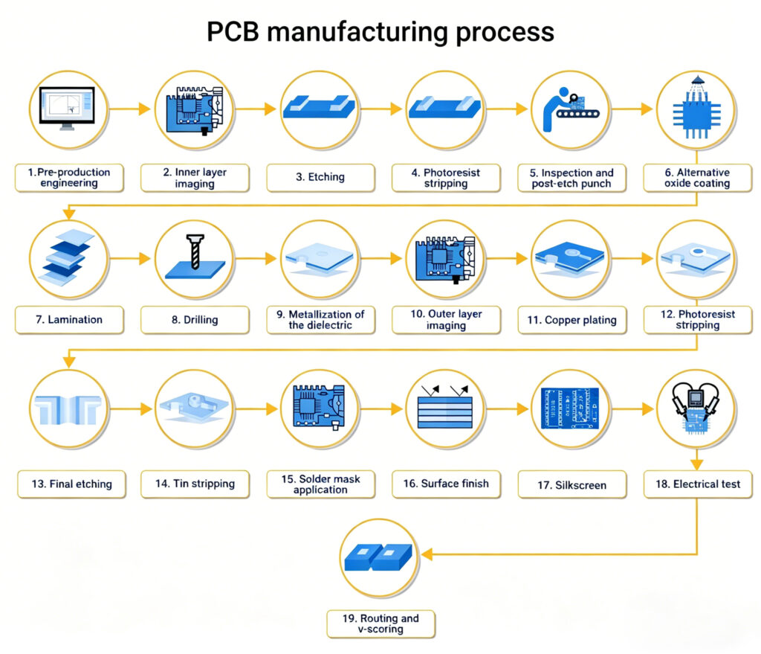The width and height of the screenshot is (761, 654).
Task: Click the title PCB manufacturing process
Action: tap(380, 32)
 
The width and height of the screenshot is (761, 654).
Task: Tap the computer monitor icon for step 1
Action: tap(67, 109)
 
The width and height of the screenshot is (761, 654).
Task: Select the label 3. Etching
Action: tap(320, 178)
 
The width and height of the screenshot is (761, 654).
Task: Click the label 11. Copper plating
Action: tap(572, 320)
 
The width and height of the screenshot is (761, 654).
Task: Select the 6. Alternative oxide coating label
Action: tap(697, 178)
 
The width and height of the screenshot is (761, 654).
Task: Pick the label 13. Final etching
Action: tap(71, 484)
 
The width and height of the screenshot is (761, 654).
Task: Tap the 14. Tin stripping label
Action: tap(195, 484)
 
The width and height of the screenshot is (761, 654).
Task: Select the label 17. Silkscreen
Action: tap(572, 484)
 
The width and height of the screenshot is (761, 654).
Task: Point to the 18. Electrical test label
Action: tap(697, 484)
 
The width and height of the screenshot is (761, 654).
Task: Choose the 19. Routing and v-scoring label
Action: tap(380, 623)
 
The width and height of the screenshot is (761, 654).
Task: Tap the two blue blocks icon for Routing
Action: tap(380, 555)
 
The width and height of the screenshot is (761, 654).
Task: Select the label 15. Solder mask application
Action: tap(320, 484)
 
